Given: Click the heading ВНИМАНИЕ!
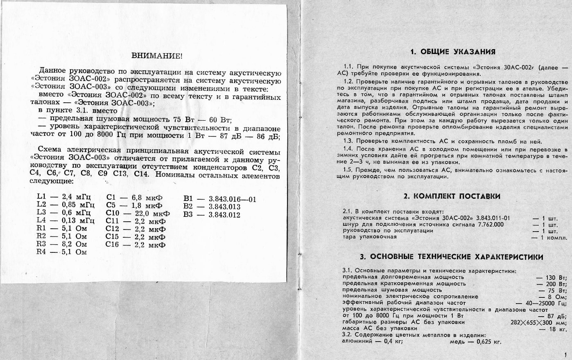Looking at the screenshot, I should [x=157, y=56].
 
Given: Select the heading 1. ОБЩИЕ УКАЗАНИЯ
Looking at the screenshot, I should [x=452, y=52].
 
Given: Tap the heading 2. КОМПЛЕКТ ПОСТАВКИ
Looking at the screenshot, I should [x=452, y=196].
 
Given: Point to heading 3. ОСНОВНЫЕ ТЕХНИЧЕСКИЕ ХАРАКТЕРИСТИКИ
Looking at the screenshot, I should [x=452, y=257].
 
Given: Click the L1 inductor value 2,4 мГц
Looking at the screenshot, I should [x=77, y=197].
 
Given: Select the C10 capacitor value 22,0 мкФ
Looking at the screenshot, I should [x=151, y=214].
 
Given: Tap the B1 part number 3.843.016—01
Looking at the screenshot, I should [x=232, y=200].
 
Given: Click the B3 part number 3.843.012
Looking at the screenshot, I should [x=224, y=215].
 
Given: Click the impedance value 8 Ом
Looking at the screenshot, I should [x=558, y=297].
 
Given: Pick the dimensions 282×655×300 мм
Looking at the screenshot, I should [x=538, y=322].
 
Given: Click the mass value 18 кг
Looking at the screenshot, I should [x=558, y=328].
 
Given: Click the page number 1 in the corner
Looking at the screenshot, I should [x=565, y=355].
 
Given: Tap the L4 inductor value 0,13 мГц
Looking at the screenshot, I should [x=78, y=221].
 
